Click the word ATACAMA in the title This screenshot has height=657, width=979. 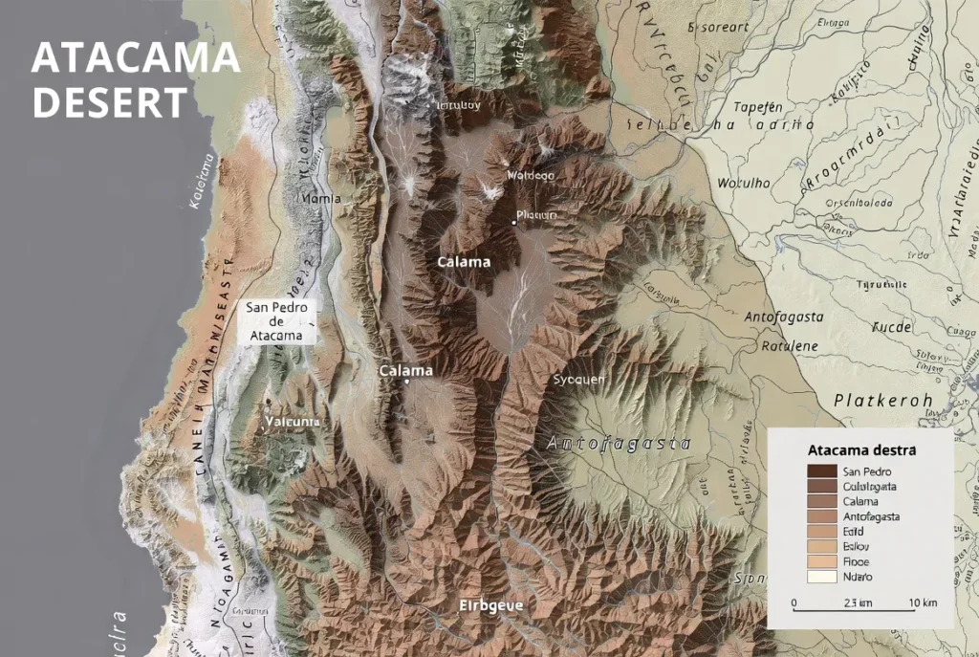pos(135,59)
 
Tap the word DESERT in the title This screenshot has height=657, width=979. pos(109,102)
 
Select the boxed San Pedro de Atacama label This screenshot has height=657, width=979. pos(276,321)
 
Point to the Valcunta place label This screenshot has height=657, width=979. pos(294,423)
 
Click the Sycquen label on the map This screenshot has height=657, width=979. pos(579,380)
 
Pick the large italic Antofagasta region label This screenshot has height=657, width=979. pos(620,443)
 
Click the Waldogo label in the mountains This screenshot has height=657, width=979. pos(530,176)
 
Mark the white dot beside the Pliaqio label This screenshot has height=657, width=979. pos(513,222)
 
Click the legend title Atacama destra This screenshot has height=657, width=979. pos(861,449)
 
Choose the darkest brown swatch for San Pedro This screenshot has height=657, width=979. pos(821,471)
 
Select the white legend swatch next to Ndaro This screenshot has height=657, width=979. pos(821,577)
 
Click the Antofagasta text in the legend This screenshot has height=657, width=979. pos(871,516)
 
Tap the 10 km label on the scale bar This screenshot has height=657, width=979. pos(923,602)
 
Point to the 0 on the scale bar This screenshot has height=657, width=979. pos(794,602)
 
